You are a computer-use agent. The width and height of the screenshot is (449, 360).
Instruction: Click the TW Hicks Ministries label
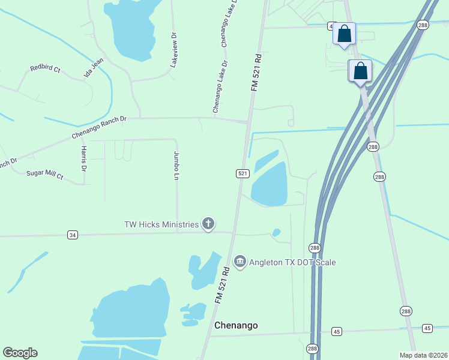pyautogui.click(x=161, y=224)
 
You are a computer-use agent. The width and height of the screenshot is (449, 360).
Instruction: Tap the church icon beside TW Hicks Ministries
pyautogui.click(x=208, y=224)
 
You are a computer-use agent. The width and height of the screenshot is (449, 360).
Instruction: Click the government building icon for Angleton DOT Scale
pyautogui.click(x=240, y=262)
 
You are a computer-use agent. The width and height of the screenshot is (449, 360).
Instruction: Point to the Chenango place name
pyautogui.click(x=236, y=325)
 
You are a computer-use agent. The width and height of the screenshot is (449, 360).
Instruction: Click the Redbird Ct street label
pyautogui.click(x=46, y=70)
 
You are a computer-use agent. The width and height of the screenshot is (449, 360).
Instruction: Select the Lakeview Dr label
pyautogui.click(x=173, y=49)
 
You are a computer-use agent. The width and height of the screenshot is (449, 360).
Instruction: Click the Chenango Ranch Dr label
pyautogui.click(x=100, y=127)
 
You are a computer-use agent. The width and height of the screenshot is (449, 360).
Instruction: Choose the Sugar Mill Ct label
pyautogui.click(x=44, y=175)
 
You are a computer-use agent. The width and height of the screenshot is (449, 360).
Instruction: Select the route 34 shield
pyautogui.click(x=73, y=235)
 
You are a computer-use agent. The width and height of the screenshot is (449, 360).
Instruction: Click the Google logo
pyautogui.click(x=20, y=353)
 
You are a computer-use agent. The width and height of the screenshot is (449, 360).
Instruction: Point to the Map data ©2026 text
pyautogui.click(x=424, y=355)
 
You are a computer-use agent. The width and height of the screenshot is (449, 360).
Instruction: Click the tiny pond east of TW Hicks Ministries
pyautogui.click(x=276, y=232)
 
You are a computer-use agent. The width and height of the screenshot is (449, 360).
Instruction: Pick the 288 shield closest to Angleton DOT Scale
pyautogui.click(x=315, y=248)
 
